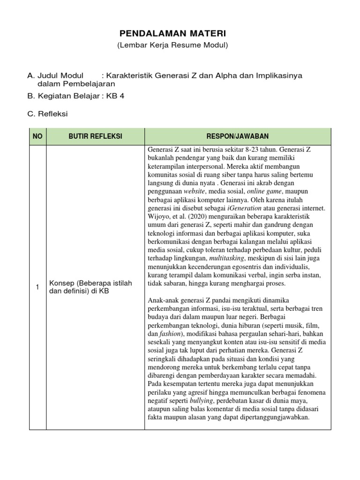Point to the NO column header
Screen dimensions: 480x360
(37, 136)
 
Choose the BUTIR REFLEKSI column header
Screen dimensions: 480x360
(95, 136)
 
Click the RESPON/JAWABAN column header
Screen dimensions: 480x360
(238, 136)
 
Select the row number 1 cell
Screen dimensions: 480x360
(37, 287)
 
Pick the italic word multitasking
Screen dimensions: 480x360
(227, 258)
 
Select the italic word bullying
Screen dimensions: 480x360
(202, 401)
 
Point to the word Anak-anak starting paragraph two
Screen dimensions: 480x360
(163, 300)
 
